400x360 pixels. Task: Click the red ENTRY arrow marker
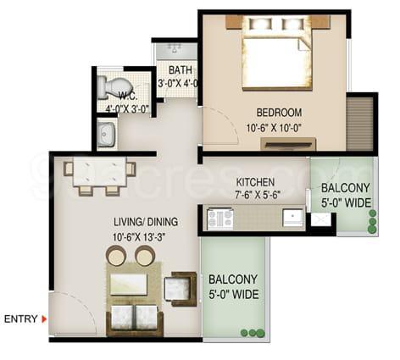coord(44,319)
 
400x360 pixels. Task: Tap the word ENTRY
coord(20,319)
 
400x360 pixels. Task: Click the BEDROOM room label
coord(279,113)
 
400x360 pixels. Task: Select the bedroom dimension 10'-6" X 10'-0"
coord(275,129)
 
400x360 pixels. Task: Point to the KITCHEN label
coord(255,182)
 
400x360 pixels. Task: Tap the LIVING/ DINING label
coord(146,222)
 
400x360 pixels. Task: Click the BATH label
coord(181,70)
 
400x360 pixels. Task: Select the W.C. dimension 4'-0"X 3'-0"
coord(127,108)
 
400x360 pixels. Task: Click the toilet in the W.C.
coord(114,87)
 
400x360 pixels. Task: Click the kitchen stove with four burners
coord(220,219)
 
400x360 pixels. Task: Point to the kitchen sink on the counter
coord(293,218)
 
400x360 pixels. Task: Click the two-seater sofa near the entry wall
coord(135,320)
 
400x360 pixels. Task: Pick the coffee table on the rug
coord(129,285)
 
